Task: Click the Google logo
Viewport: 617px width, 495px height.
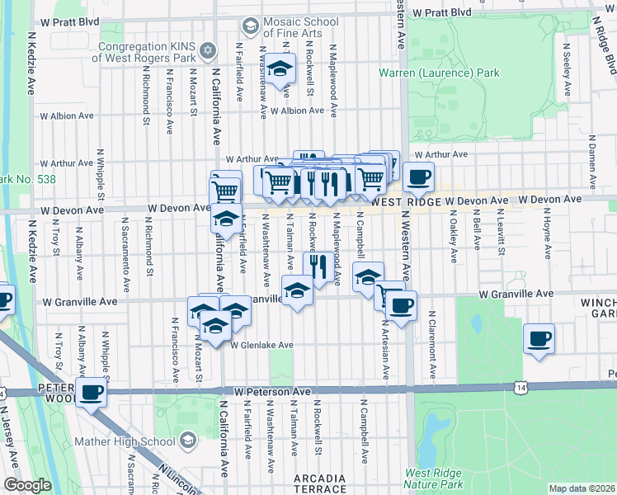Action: pos(26,485)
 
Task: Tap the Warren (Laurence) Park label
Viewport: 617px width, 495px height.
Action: pos(439,73)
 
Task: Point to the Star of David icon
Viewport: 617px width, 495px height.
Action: pos(207,52)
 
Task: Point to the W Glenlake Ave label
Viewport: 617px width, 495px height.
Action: pos(261,345)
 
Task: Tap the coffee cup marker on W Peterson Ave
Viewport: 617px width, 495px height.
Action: pos(92,391)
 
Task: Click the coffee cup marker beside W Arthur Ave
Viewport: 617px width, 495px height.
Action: pos(418,176)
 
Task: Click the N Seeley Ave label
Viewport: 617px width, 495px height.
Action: pos(568,78)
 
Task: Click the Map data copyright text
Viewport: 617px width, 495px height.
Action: pos(581,488)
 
